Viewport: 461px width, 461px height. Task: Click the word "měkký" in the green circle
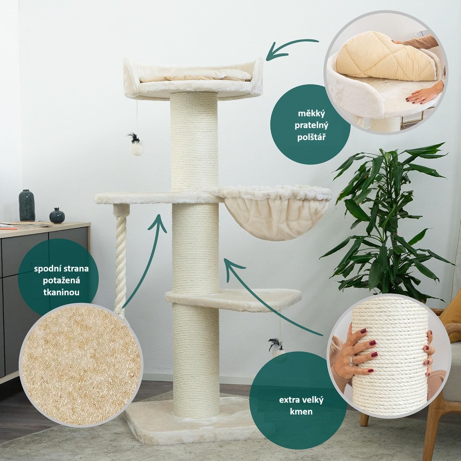(x=311, y=114)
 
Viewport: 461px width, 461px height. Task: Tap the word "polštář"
(x=311, y=137)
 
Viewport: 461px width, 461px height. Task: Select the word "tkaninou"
(x=61, y=292)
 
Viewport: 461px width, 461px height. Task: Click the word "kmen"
(x=301, y=411)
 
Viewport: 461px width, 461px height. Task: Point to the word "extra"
(x=288, y=400)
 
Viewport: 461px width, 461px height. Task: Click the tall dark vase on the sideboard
(x=27, y=205)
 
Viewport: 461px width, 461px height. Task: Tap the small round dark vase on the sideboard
(x=57, y=215)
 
